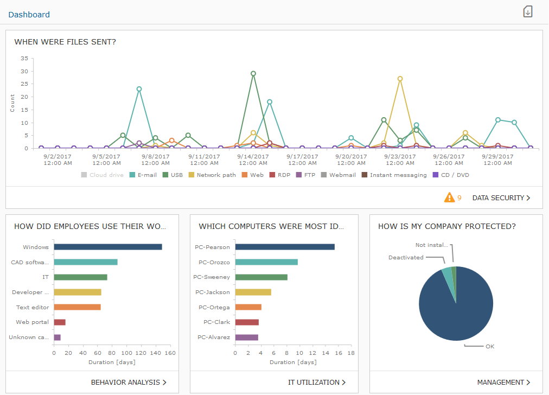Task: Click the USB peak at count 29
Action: (x=253, y=74)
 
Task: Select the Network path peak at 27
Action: (x=400, y=79)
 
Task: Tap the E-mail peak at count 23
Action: (x=139, y=89)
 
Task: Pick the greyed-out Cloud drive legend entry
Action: (x=103, y=175)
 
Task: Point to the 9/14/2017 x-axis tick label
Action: (x=253, y=160)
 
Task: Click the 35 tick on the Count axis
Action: (x=24, y=58)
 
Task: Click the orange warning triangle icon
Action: (x=449, y=197)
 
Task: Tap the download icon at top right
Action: (x=527, y=12)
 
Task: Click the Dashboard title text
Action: (x=29, y=15)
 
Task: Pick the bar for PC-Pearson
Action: (x=285, y=247)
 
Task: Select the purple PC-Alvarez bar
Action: (x=247, y=337)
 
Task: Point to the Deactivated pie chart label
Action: (x=406, y=258)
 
